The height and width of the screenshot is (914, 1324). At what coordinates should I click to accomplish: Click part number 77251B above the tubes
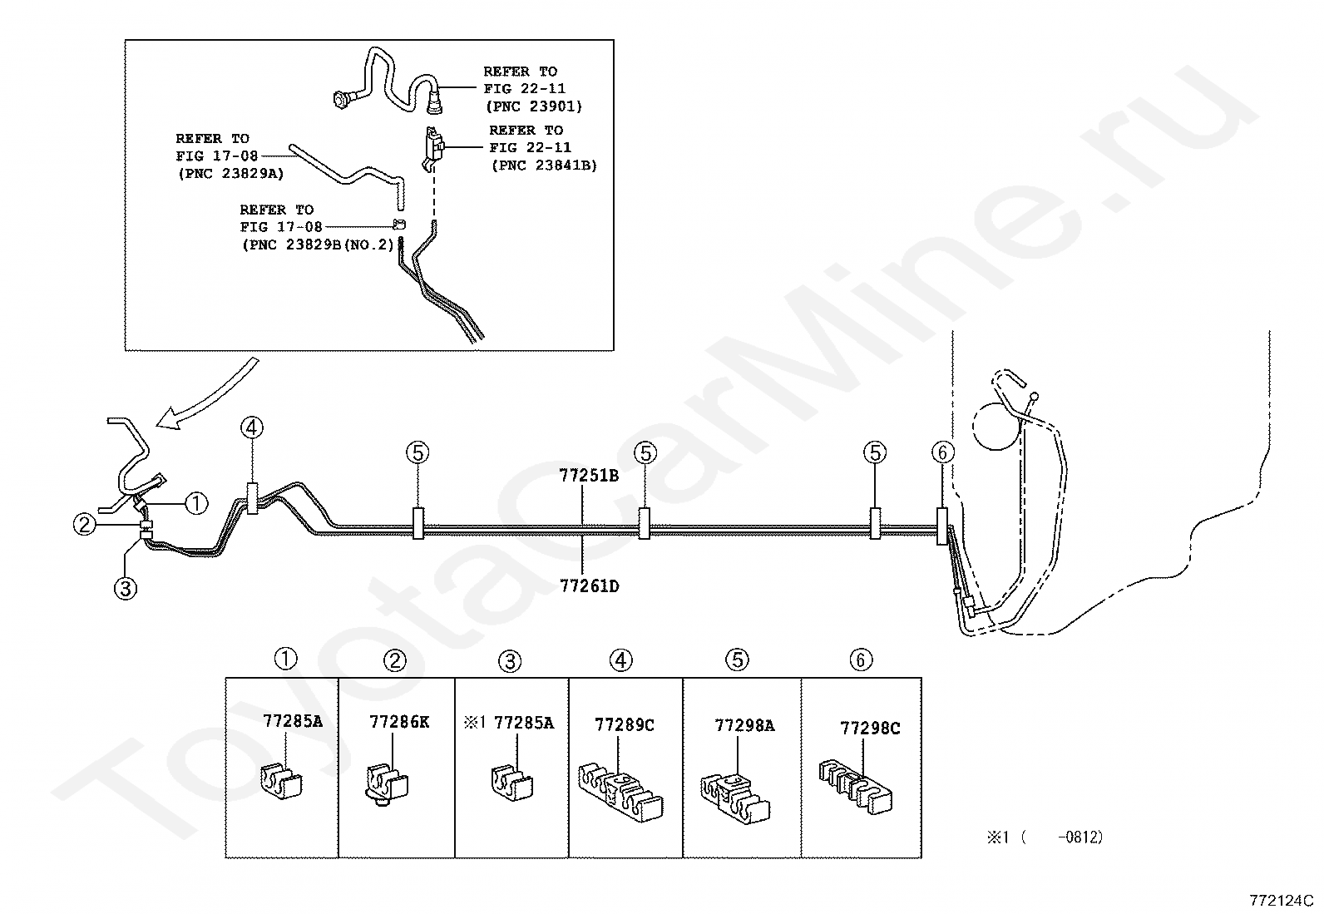coord(588,476)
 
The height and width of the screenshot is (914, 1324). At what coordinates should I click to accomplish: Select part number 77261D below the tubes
coord(588,585)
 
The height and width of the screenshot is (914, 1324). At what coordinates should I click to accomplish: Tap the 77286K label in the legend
coord(399,722)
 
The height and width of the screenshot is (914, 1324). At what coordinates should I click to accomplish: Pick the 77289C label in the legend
coord(624,724)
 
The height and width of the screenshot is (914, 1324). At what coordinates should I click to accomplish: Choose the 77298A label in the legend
coord(744,725)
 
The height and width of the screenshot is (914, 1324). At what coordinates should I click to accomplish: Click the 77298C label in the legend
coord(869,729)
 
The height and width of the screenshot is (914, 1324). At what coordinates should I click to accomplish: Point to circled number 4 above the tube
coord(252,428)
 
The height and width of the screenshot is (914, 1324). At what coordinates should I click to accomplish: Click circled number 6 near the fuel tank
coord(942,452)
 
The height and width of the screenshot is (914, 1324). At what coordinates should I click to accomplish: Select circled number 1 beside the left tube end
coord(195,502)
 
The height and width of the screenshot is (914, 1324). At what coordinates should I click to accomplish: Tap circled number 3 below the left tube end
coord(125,589)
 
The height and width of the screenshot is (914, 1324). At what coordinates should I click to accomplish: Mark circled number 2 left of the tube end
coord(85,525)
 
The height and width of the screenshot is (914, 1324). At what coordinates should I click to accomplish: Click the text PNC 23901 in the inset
coord(533,106)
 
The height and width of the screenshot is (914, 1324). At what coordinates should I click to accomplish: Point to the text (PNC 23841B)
coord(544,165)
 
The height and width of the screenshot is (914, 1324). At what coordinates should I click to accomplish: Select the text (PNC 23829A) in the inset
coord(230,173)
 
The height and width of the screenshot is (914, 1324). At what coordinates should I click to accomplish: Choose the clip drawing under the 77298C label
coord(857,783)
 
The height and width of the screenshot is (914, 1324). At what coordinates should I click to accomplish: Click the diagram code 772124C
coord(1280,900)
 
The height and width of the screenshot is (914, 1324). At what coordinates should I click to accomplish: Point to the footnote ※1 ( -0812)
coord(1045,837)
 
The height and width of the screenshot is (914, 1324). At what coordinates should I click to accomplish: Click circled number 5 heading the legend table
coord(737,660)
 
